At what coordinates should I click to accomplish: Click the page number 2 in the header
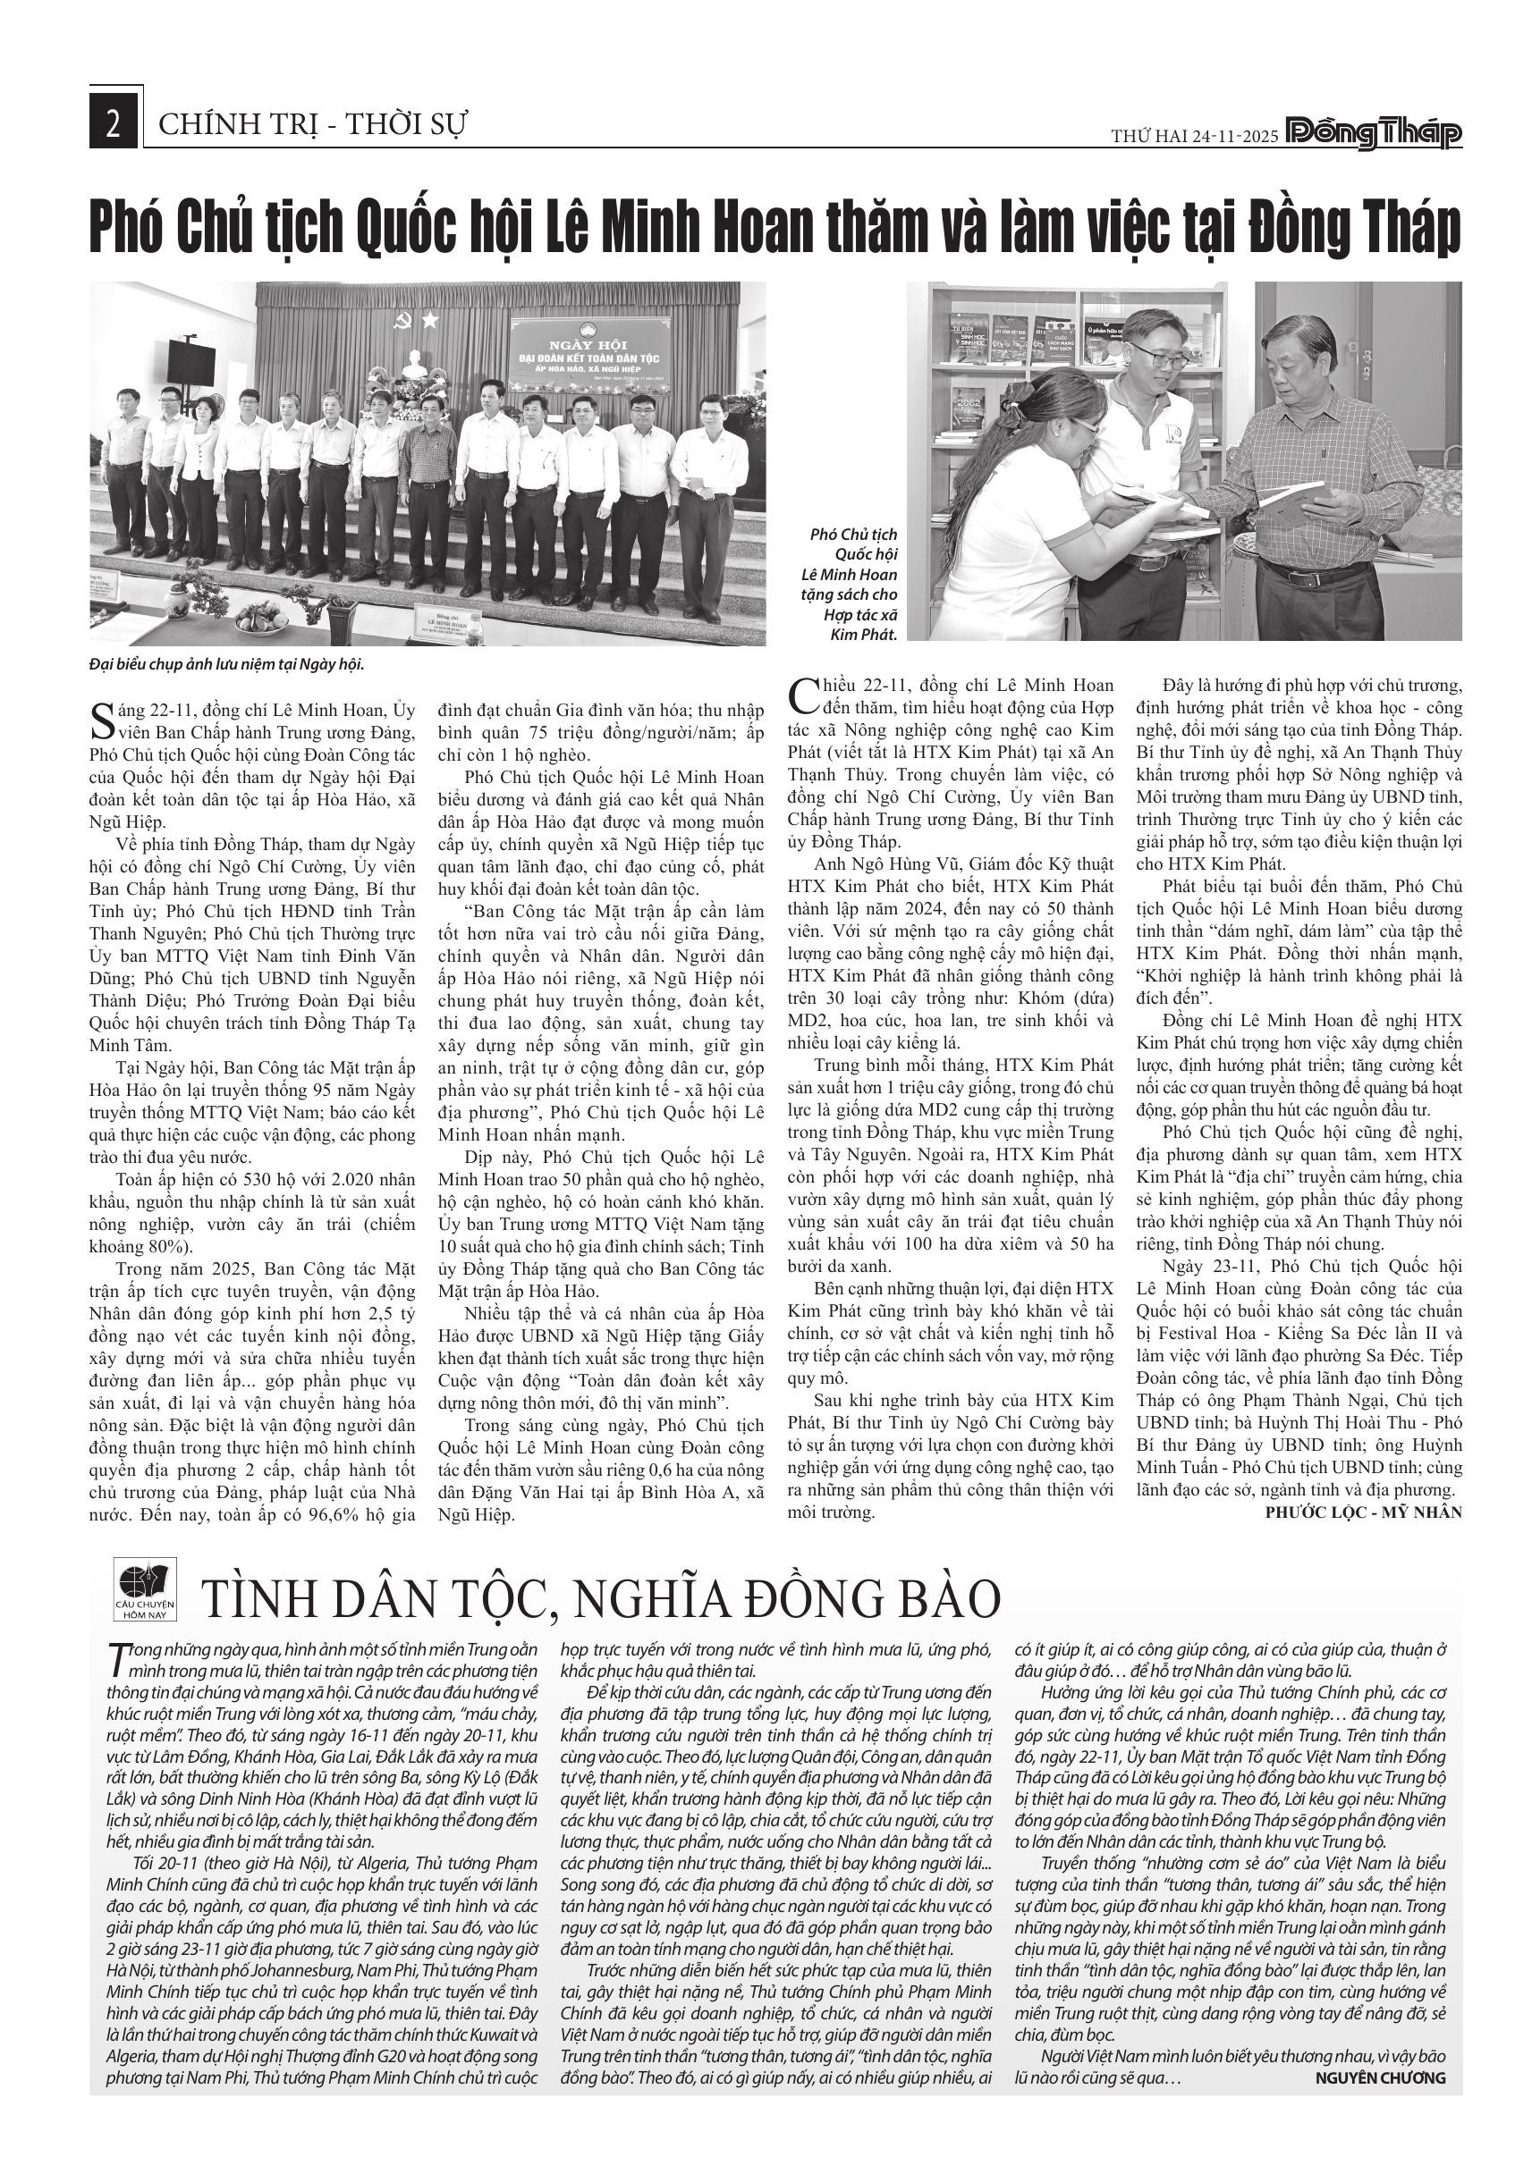[x=114, y=124]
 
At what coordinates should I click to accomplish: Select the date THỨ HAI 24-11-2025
[x=1193, y=136]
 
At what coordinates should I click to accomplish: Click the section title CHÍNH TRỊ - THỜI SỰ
[x=313, y=124]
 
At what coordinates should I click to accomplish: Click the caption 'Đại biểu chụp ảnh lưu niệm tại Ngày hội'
[x=226, y=664]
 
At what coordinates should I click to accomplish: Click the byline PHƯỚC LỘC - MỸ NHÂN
[x=1363, y=1432]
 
